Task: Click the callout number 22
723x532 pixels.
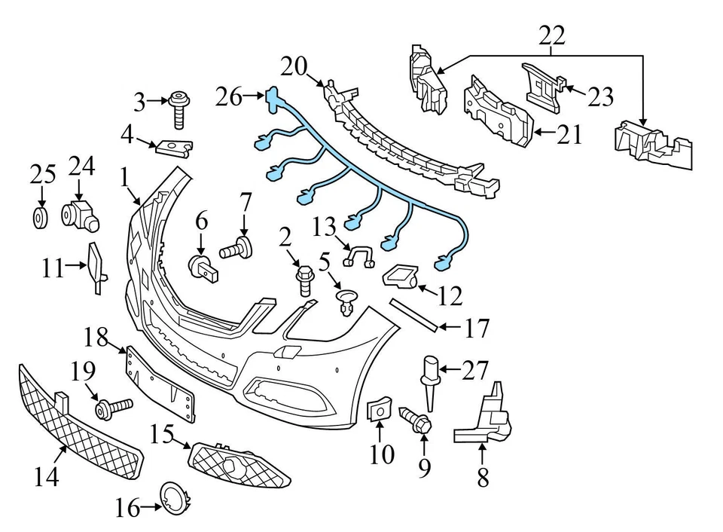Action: tap(552, 35)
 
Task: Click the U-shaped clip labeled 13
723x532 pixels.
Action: tap(359, 258)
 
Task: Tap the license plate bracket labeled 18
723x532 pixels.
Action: tap(162, 384)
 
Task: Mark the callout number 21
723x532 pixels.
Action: tap(569, 135)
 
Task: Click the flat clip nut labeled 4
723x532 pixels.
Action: tap(174, 145)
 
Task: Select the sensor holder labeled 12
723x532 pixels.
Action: tap(401, 278)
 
